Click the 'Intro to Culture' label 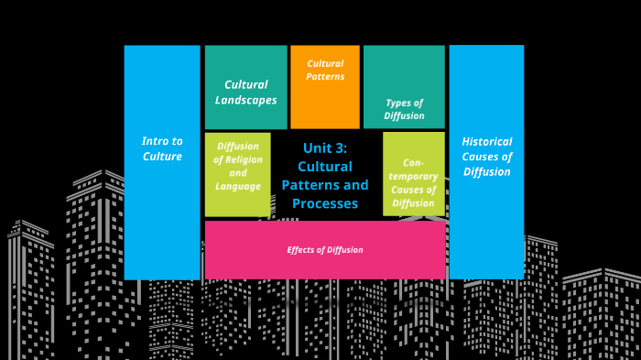tap(162, 148)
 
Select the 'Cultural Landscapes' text tap(245, 92)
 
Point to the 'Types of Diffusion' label tap(404, 110)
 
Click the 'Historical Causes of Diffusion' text tap(486, 157)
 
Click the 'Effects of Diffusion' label tap(325, 250)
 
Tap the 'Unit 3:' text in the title tap(324, 148)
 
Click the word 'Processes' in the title tap(324, 203)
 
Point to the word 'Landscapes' tap(245, 99)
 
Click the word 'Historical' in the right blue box tap(486, 142)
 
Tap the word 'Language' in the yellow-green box tap(238, 187)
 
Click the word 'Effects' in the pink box tap(302, 250)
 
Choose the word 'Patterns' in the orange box tap(325, 77)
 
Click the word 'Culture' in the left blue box tap(162, 157)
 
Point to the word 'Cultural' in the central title tap(324, 167)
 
